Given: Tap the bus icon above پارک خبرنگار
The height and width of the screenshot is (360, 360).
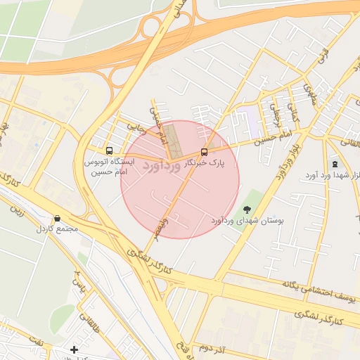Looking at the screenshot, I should pos(204,151).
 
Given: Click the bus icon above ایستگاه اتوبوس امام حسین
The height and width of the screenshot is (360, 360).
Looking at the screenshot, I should pos(108,150).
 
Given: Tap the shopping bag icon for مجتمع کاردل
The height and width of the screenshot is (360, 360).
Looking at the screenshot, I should pos(57,219).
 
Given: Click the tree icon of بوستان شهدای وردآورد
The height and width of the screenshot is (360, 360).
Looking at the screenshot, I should pos(246,209).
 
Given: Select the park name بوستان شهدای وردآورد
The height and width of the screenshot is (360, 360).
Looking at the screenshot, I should pos(247,220).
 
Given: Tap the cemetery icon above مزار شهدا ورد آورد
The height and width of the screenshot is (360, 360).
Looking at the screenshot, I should pos(335,163).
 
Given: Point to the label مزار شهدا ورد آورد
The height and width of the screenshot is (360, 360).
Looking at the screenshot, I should pos(332,174).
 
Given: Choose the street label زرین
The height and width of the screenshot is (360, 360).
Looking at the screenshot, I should pos(15,210).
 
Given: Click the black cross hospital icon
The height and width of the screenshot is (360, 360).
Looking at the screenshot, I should pos(75,349).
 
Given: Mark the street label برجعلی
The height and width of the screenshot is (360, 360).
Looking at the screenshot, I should pos(276,110).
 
